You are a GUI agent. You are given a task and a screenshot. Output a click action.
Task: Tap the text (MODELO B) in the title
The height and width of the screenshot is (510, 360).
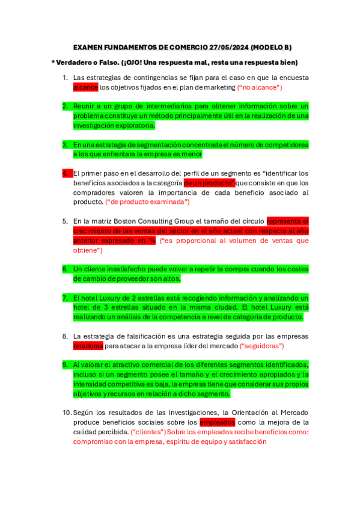[270, 47]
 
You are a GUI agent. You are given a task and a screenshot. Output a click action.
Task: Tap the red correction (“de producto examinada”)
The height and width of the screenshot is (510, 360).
[147, 202]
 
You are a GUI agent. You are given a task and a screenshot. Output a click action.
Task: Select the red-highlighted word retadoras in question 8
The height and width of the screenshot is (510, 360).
[88, 346]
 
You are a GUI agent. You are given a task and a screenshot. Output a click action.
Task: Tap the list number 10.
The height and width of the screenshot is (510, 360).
[66, 413]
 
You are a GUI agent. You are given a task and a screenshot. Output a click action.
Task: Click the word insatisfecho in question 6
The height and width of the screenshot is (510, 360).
[124, 269]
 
